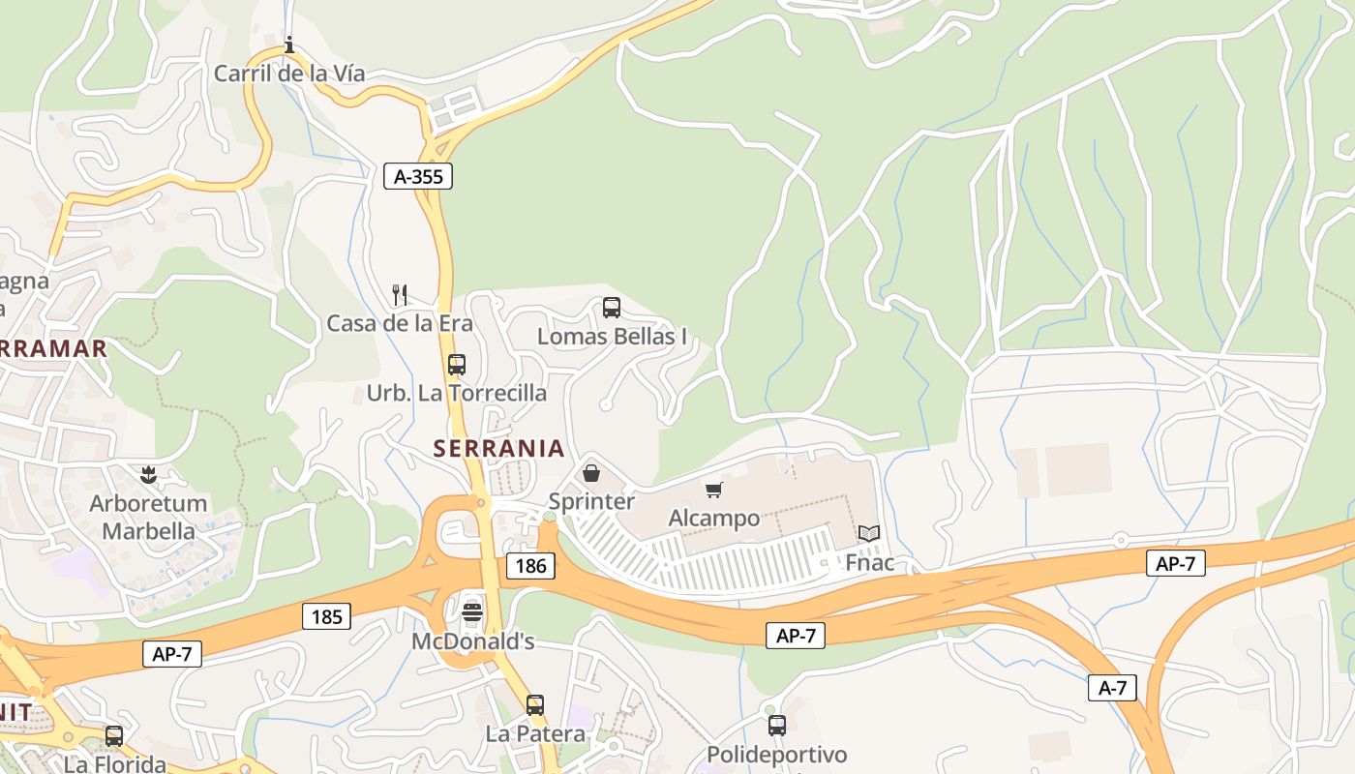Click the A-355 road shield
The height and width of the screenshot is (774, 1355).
418,176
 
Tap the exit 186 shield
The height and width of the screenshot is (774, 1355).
530,566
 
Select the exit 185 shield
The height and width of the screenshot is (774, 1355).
326,615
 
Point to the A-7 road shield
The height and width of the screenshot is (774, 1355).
1112,688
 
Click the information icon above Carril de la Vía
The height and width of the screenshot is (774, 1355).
288,45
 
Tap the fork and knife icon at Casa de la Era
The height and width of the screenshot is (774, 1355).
399,294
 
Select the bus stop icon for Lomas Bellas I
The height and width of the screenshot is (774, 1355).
612,308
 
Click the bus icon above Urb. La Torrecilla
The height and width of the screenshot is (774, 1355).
457,365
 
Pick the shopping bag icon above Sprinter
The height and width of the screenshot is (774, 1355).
591,473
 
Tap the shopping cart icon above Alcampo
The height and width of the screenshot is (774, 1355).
714,490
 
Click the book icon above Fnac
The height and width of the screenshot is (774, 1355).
869,533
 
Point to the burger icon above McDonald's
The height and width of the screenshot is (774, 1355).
472,611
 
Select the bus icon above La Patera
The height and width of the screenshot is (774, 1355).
535,704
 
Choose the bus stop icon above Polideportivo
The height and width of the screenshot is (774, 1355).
776,725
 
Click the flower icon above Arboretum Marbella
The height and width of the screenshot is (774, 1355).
148,475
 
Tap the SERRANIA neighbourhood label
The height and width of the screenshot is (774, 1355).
499,448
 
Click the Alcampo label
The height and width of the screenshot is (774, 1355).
714,518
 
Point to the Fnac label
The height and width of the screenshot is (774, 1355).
869,562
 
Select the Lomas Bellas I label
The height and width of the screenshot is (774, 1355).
612,337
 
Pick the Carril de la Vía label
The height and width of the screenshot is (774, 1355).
288,74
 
